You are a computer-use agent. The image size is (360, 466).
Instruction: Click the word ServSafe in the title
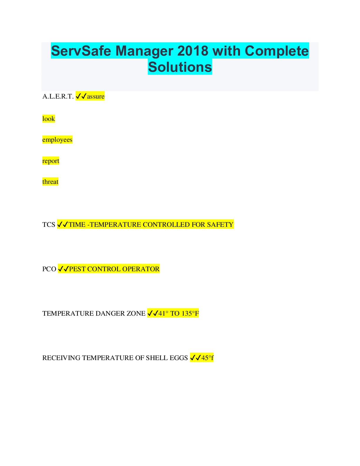click(x=81, y=51)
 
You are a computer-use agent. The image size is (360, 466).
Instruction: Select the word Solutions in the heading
click(x=180, y=67)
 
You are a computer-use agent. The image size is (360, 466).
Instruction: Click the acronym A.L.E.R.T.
click(x=58, y=96)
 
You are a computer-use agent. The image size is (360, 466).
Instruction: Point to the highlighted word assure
click(x=96, y=96)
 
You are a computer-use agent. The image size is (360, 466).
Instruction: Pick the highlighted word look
click(x=49, y=119)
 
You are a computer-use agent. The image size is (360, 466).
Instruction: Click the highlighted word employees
click(x=57, y=140)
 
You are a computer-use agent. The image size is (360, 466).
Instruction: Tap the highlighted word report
click(x=51, y=161)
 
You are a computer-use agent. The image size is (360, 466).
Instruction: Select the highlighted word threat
click(x=50, y=182)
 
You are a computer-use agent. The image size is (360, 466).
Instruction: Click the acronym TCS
click(x=49, y=225)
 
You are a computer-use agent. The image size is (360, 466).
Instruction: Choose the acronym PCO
click(x=49, y=269)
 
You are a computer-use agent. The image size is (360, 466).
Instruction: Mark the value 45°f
click(x=207, y=358)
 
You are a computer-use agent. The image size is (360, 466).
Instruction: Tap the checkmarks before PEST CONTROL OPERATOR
click(x=63, y=269)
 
